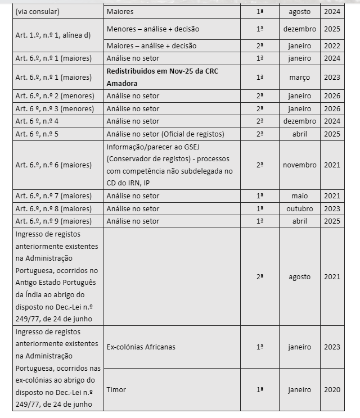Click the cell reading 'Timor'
pos(116,389)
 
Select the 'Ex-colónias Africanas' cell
pos(141,347)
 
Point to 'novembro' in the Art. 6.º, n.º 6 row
pos(299,165)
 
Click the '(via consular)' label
pos(38,11)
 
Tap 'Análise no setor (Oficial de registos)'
pos(165,134)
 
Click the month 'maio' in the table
pos(299,196)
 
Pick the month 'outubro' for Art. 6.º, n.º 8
pos(299,208)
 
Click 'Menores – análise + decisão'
pos(152,29)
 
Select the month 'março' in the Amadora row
pos(299,77)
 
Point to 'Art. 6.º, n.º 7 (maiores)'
pos(53,196)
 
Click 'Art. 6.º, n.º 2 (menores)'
pos(55,96)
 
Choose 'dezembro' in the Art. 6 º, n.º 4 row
pos(299,121)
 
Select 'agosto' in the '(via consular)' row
pos(299,11)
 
